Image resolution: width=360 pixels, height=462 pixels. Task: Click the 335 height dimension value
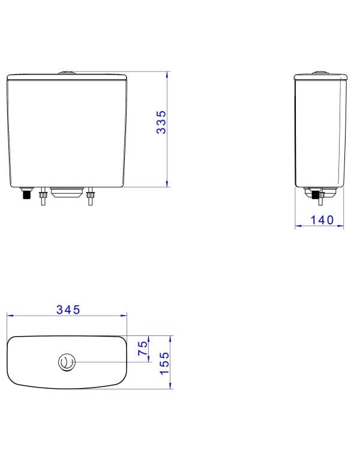coord(161,122)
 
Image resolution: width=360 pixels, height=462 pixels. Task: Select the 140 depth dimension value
coord(322,220)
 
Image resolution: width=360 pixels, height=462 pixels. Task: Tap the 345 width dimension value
coord(68,310)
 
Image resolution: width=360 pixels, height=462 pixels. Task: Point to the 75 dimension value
coord(143,348)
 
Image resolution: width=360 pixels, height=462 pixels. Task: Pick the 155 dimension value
coord(164,363)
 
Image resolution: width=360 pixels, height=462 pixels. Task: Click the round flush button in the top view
coord(67,362)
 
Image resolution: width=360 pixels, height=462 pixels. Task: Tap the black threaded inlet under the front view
coord(27,193)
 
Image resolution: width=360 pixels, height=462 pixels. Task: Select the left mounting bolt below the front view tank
coord(43,196)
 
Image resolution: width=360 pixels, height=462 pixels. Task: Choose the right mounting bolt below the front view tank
coord(91,196)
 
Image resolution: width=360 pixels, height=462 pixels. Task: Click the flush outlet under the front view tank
coord(67,192)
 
